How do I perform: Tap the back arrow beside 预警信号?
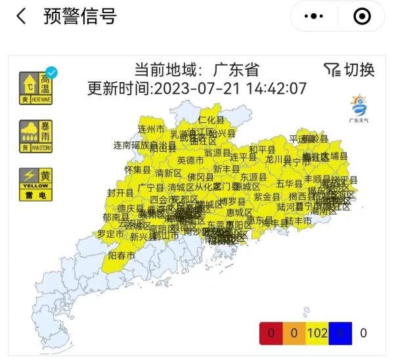pos(21,16)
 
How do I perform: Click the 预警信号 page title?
pos(80,16)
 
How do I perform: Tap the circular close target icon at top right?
pos(362,16)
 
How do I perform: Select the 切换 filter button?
pos(349,70)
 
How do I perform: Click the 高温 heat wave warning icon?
pos(36,88)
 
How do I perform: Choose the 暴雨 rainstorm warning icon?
pos(36,136)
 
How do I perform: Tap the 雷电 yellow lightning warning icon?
pos(36,183)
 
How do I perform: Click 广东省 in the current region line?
pos(237,70)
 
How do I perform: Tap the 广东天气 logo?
pos(359,108)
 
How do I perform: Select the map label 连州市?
pos(151,128)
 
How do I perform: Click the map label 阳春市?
pos(121,255)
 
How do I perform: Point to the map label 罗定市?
pos(110,234)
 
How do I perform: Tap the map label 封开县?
pos(120,192)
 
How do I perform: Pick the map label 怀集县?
pos(137,169)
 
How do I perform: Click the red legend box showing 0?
pos(270,333)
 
